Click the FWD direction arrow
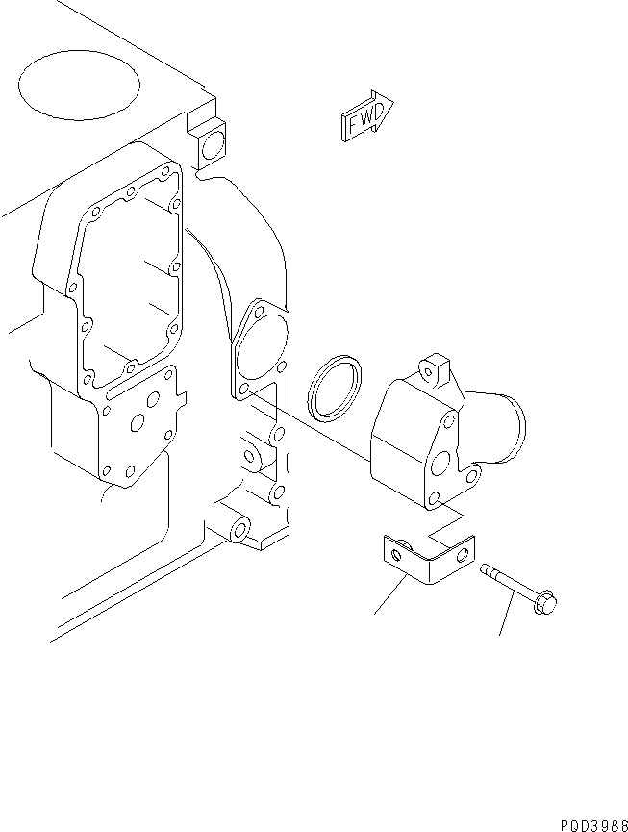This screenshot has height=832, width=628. pyautogui.click(x=366, y=116)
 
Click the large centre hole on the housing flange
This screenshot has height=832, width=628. pyautogui.click(x=440, y=466)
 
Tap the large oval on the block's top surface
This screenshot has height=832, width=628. pyautogui.click(x=79, y=84)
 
